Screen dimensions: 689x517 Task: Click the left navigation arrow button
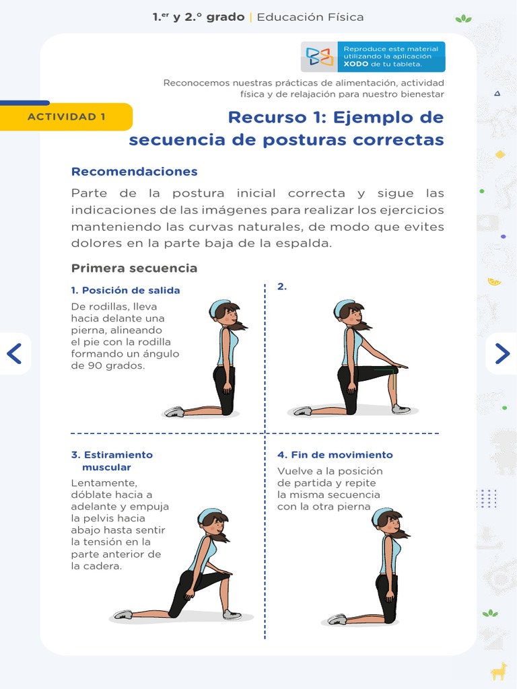click(x=15, y=353)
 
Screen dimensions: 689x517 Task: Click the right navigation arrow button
click(x=502, y=353)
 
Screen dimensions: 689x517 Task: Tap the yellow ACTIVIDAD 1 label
click(x=67, y=116)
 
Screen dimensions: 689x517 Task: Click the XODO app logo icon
click(x=320, y=57)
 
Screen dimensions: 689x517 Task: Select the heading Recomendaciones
click(x=135, y=172)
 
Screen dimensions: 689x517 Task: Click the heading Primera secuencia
click(x=135, y=268)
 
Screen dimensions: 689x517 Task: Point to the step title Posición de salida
click(x=129, y=290)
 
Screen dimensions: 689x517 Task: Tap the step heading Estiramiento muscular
click(x=112, y=461)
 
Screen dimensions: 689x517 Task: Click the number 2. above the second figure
click(x=282, y=286)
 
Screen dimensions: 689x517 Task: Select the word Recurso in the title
click(x=259, y=117)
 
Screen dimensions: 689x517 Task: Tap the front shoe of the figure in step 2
click(x=401, y=408)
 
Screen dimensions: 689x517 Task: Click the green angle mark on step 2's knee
click(x=386, y=369)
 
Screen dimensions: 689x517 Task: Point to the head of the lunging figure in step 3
click(x=212, y=521)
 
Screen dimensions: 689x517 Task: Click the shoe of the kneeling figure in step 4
click(x=337, y=619)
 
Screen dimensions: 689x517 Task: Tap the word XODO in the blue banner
click(x=355, y=65)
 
